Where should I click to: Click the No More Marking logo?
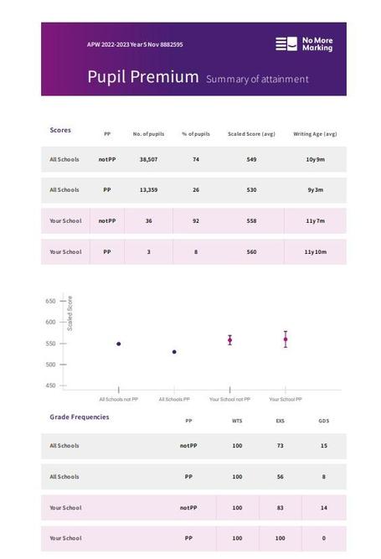tap(304, 44)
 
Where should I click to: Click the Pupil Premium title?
tap(143, 77)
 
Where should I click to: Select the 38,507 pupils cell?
tap(148, 159)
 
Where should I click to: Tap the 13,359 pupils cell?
tap(148, 190)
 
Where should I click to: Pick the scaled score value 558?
tap(251, 221)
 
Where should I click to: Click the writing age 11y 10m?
tap(315, 252)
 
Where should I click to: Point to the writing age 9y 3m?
tap(315, 190)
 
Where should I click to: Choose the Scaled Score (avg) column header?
tap(251, 134)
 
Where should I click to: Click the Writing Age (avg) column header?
tap(315, 134)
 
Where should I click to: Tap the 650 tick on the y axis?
tap(63, 301)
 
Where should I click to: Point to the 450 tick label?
tap(50, 386)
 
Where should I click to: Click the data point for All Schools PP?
tap(174, 352)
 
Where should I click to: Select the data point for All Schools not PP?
tap(119, 344)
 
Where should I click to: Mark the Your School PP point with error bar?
tap(286, 339)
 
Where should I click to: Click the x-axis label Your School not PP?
tap(229, 399)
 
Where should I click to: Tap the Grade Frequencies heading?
tap(80, 417)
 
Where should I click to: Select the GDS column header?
tap(324, 421)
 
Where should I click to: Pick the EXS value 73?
tap(281, 446)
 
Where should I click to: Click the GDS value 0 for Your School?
tap(324, 538)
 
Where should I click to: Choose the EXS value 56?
tap(281, 477)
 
